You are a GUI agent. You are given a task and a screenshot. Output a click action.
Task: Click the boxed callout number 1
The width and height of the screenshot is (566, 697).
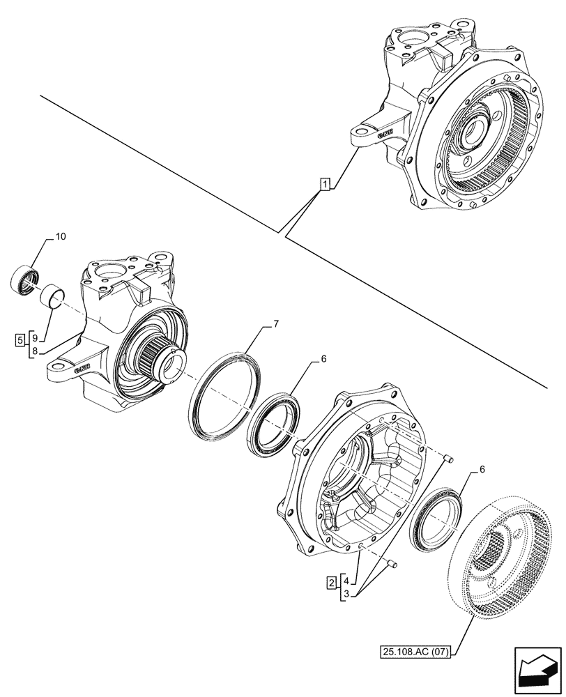click(325, 184)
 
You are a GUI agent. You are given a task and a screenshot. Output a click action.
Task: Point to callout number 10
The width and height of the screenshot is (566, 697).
click(60, 238)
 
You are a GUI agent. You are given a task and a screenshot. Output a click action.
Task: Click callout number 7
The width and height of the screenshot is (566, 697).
click(275, 324)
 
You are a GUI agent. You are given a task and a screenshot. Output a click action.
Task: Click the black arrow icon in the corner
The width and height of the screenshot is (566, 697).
click(538, 671)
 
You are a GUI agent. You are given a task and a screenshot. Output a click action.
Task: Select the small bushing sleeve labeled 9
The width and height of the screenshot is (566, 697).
click(54, 298)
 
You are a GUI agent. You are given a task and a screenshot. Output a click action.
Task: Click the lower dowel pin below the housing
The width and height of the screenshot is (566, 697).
click(393, 564)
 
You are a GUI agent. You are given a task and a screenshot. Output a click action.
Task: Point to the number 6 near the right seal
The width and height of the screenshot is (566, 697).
click(482, 471)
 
